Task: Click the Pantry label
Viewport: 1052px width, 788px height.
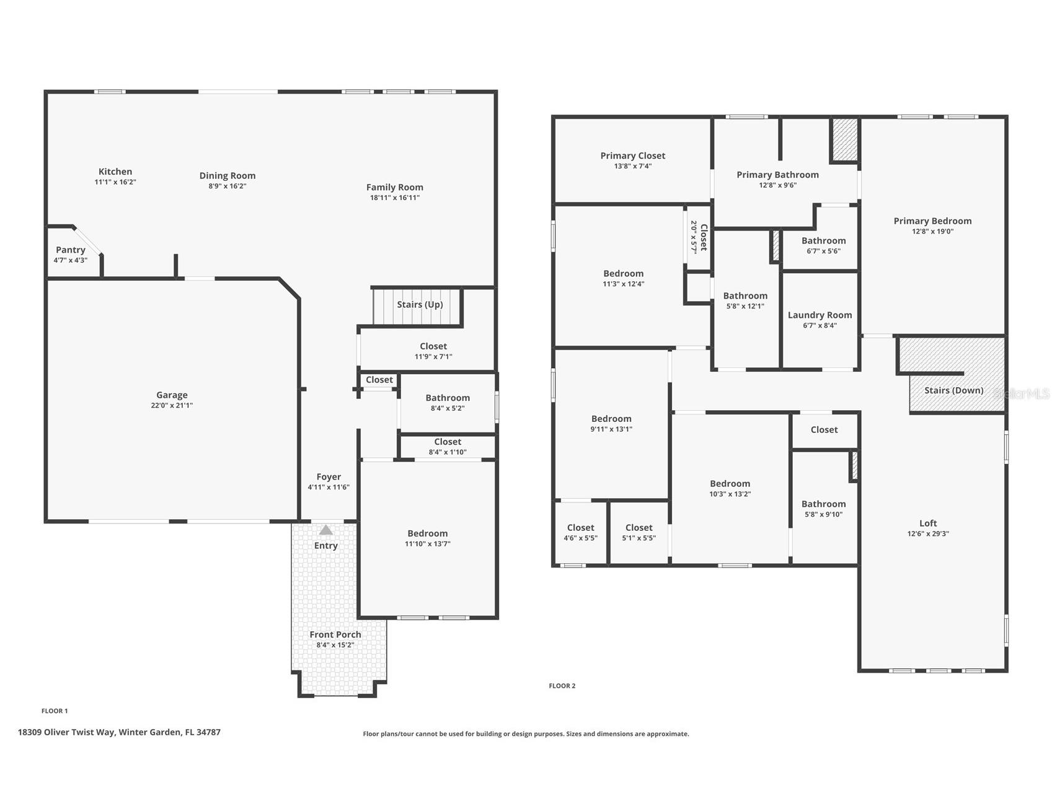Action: click(x=70, y=250)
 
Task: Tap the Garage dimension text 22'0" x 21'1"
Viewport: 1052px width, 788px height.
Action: click(x=172, y=406)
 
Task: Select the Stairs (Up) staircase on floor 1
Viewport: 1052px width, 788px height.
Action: click(x=417, y=306)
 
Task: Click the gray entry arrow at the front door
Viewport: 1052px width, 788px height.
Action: click(x=325, y=530)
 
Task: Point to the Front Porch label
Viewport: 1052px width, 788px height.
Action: click(x=335, y=634)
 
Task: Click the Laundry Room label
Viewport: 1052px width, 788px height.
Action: click(x=820, y=315)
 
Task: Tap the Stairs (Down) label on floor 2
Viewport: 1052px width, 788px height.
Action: click(x=953, y=390)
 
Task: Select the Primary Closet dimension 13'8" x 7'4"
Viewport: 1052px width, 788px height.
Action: click(x=632, y=166)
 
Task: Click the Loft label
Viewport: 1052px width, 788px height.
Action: click(x=927, y=523)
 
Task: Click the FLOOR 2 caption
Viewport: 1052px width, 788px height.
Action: click(x=562, y=686)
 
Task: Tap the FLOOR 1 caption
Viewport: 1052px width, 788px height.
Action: click(x=55, y=711)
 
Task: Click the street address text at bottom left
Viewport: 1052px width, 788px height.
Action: click(x=119, y=732)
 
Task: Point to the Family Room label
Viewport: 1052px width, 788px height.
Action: click(x=394, y=187)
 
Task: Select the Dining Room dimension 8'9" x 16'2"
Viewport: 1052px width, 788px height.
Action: click(x=227, y=186)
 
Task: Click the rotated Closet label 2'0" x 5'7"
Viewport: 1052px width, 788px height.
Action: click(x=699, y=237)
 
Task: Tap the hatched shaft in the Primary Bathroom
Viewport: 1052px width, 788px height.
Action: click(x=844, y=139)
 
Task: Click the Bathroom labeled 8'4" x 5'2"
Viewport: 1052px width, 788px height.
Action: click(x=447, y=403)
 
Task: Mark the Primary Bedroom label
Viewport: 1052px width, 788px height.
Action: click(x=932, y=221)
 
